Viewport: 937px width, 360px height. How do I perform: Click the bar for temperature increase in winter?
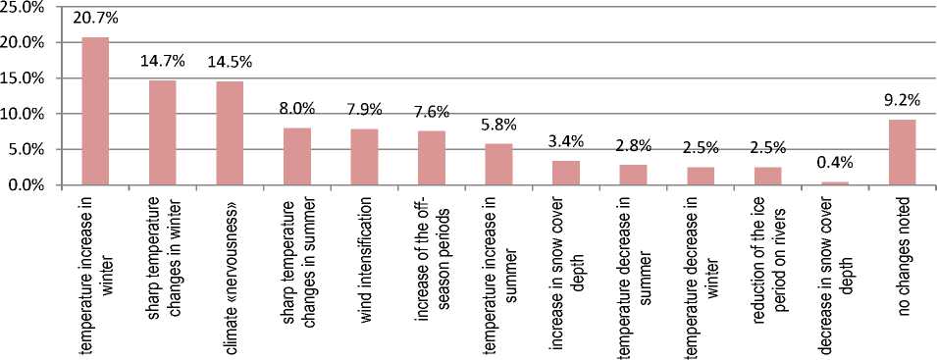(x=95, y=112)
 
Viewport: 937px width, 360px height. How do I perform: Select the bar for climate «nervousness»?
(x=230, y=133)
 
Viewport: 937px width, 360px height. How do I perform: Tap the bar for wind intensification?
(x=364, y=158)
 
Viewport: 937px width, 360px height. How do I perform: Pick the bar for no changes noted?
(x=903, y=153)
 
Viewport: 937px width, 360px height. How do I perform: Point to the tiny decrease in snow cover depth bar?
(x=835, y=183)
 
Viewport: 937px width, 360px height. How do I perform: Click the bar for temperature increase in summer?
(x=498, y=165)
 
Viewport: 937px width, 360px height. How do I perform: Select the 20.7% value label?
(x=95, y=18)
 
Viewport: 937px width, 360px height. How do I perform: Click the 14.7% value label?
(x=163, y=61)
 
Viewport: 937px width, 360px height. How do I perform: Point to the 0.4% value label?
(x=835, y=163)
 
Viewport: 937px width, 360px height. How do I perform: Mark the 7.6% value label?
(x=432, y=111)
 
